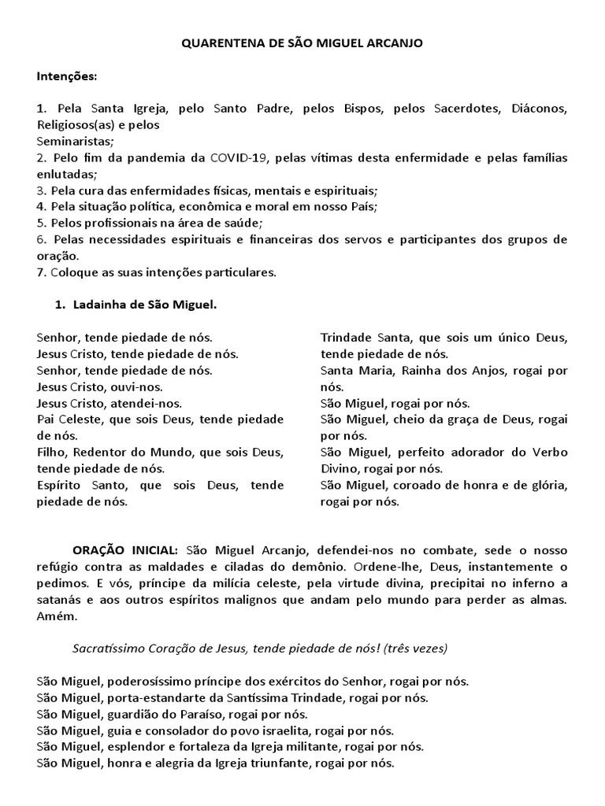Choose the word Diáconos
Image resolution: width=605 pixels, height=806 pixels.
[539, 108]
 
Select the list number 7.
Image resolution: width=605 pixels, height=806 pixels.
[40, 272]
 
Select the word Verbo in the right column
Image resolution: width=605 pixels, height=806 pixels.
[549, 452]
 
